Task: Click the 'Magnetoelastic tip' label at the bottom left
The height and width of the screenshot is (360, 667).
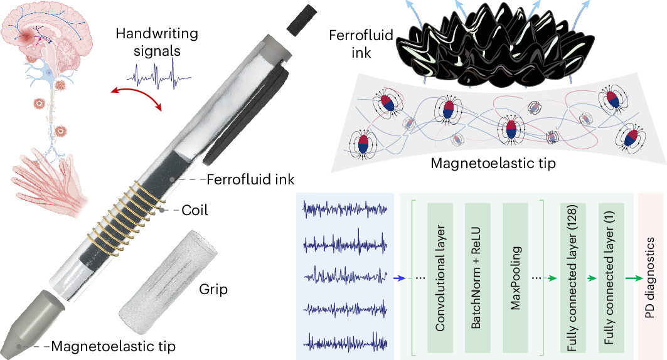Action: click(x=113, y=346)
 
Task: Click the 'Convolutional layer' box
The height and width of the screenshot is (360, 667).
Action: click(x=440, y=277)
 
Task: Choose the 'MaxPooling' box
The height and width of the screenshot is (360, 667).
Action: click(x=516, y=277)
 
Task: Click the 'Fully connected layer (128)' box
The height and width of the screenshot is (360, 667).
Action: click(x=573, y=277)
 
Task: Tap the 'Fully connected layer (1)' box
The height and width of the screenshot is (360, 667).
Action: click(x=609, y=277)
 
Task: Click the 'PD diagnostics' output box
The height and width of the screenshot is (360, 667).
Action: click(x=651, y=277)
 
